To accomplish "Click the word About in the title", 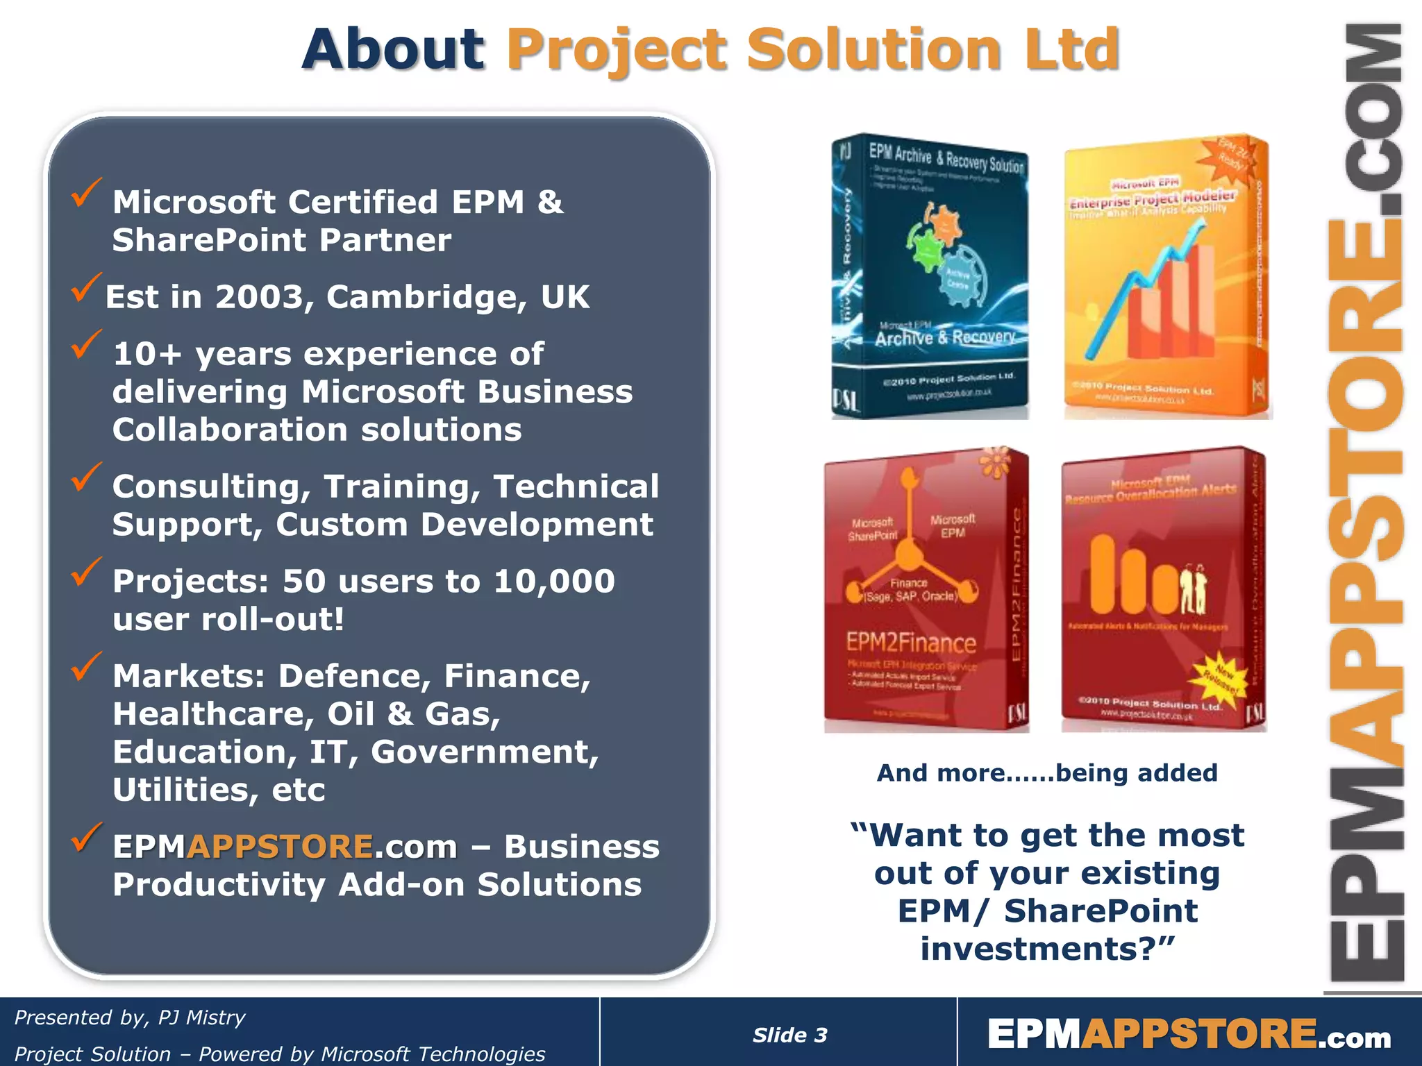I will (x=393, y=50).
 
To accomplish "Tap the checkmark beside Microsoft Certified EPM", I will (x=86, y=192).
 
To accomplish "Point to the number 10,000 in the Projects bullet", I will (x=553, y=581).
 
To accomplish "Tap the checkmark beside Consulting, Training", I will (x=86, y=477).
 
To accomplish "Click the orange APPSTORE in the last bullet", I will (x=281, y=847).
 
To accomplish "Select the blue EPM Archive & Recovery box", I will (x=930, y=276).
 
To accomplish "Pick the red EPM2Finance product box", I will (x=925, y=590).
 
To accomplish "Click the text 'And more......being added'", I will (x=1047, y=772).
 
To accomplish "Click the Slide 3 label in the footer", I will (x=790, y=1035).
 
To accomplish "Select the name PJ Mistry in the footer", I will (x=201, y=1017).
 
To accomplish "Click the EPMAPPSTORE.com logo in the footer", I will (x=1189, y=1034).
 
